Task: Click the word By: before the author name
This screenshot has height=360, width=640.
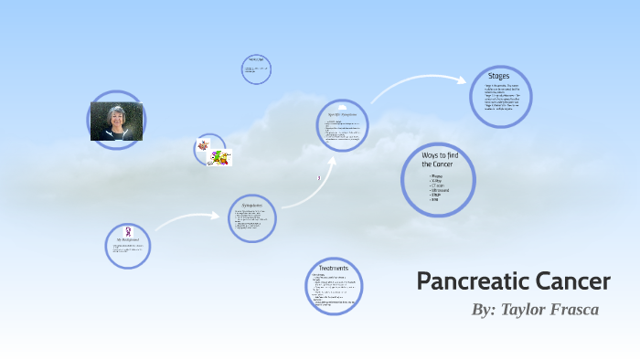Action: [484, 310]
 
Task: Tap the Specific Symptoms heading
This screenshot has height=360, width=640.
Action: [340, 114]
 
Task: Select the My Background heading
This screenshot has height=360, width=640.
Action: [126, 239]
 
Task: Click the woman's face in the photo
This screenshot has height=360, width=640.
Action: [117, 117]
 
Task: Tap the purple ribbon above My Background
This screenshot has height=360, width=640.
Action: [127, 231]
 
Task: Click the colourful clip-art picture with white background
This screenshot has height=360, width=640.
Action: [219, 157]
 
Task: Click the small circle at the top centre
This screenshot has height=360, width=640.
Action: [257, 69]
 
